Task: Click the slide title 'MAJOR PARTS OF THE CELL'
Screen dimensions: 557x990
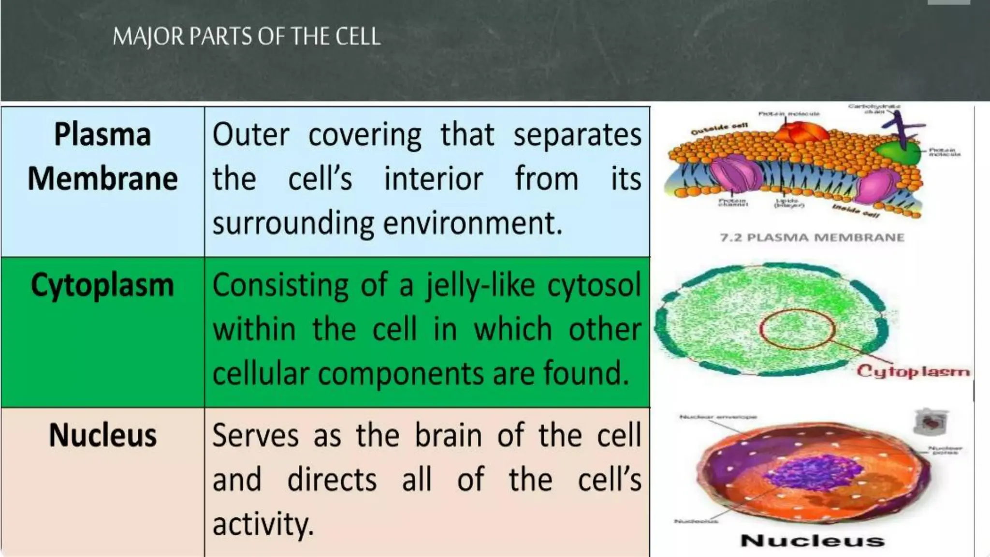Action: click(247, 37)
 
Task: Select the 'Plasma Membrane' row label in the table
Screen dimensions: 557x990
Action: click(102, 156)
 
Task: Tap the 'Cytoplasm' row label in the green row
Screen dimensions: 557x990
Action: click(102, 285)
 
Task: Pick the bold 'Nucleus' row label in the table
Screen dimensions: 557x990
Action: click(102, 435)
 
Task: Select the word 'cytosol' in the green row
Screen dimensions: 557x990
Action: click(594, 285)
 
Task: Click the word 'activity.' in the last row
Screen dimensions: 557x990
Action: click(263, 524)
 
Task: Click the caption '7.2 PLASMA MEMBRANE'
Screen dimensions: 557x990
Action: click(812, 237)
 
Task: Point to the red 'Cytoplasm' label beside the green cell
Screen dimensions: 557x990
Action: click(913, 371)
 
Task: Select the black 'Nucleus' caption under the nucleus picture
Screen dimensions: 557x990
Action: click(812, 540)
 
